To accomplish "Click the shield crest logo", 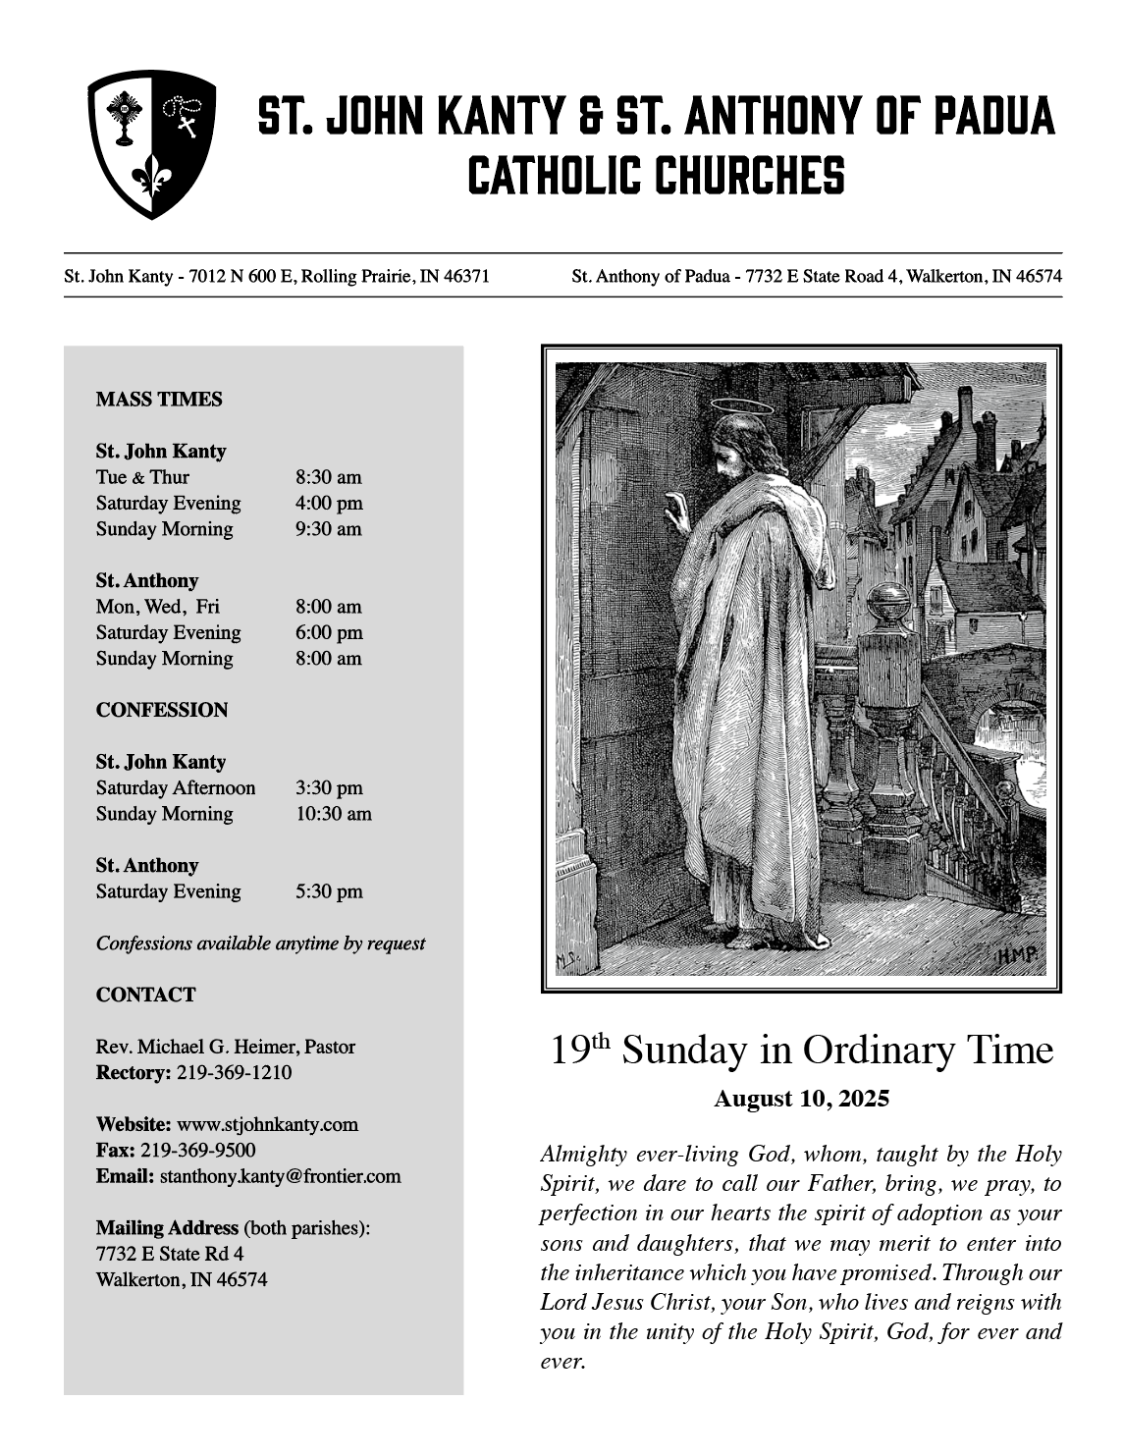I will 152,143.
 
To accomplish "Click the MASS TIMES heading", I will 159,400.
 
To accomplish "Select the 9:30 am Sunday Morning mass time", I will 328,529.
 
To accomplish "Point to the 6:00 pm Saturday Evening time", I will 329,633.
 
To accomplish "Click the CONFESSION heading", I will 162,710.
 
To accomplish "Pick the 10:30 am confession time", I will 333,814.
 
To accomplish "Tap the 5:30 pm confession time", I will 329,891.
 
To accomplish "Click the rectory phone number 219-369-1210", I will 234,1072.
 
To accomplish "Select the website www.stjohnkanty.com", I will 267,1124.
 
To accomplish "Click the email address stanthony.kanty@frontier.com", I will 280,1176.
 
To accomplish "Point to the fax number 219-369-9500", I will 197,1151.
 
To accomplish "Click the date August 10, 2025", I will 801,1099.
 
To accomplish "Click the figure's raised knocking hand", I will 677,508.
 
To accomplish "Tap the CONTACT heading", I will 145,995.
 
